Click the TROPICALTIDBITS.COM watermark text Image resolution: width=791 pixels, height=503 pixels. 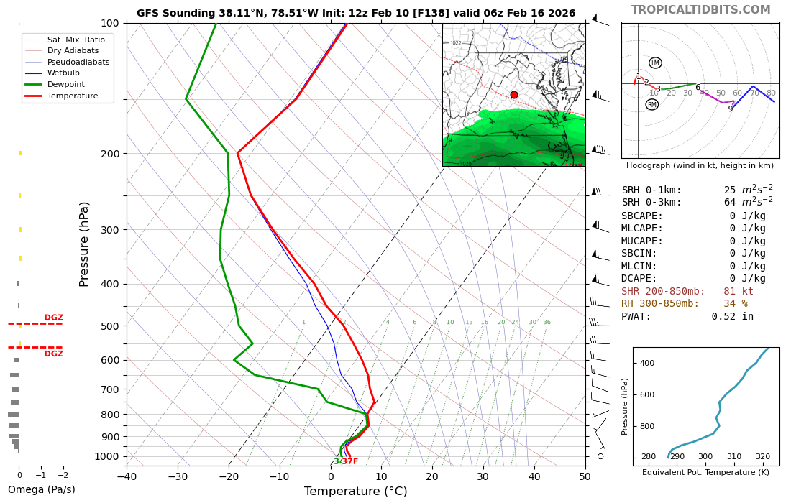(x=700, y=10)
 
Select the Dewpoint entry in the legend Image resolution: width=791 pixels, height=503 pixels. (x=65, y=85)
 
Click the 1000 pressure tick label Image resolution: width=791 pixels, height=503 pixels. (x=107, y=456)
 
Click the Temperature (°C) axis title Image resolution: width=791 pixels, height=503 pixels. (x=355, y=492)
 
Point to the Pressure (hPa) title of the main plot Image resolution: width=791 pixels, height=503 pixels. (x=85, y=244)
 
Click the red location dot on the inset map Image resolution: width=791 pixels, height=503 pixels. (x=513, y=95)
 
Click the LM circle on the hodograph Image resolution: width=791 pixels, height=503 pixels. (x=655, y=63)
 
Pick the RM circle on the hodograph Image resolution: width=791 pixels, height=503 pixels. (x=652, y=105)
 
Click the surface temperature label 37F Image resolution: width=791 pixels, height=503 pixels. (x=349, y=461)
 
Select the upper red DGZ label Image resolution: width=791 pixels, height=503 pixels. (x=53, y=318)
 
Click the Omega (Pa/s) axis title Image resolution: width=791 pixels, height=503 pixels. (x=41, y=490)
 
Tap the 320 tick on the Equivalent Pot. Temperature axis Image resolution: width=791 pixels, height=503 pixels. (x=762, y=456)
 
